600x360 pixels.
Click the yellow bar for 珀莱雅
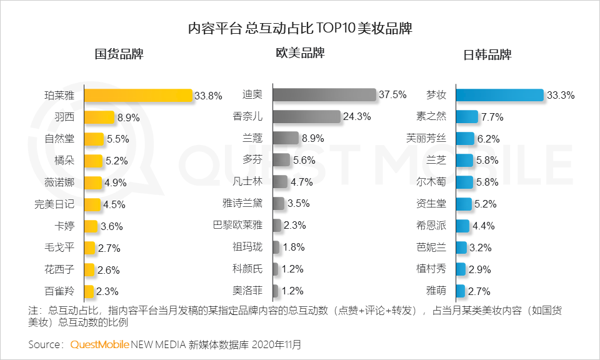pyautogui.click(x=137, y=96)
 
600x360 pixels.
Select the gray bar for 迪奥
pyautogui.click(x=324, y=95)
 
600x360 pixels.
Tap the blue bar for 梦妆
pyautogui.click(x=499, y=95)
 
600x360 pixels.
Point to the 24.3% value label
pyautogui.click(x=357, y=117)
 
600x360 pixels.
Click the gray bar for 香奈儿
pyautogui.click(x=306, y=117)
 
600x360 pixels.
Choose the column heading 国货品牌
pyautogui.click(x=119, y=54)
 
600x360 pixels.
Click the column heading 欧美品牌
pyautogui.click(x=300, y=53)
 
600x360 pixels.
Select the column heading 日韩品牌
pyautogui.click(x=487, y=54)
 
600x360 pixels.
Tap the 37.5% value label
pyautogui.click(x=392, y=95)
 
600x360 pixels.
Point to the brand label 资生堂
pyautogui.click(x=431, y=204)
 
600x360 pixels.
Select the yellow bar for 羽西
pyautogui.click(x=99, y=117)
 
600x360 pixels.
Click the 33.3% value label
pyautogui.click(x=561, y=96)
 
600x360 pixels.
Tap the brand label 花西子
pyautogui.click(x=59, y=269)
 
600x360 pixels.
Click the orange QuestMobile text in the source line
pyautogui.click(x=100, y=344)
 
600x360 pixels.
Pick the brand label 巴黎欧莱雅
pyautogui.click(x=237, y=226)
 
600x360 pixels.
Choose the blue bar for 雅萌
pyautogui.click(x=460, y=291)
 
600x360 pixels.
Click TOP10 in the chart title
pyautogui.click(x=336, y=29)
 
